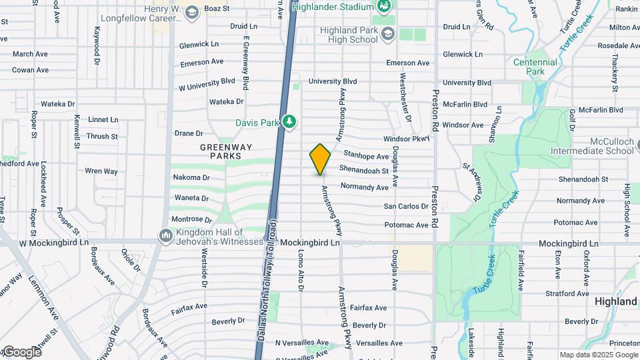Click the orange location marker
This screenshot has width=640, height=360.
click(x=321, y=159)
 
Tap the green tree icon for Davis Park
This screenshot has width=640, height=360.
click(x=289, y=122)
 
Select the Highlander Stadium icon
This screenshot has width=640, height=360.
click(x=384, y=7)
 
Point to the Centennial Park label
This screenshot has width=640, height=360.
click(x=535, y=66)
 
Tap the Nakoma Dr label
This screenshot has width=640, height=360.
click(x=191, y=178)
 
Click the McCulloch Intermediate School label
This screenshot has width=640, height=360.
click(x=612, y=146)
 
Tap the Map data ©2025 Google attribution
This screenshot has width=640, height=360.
click(x=598, y=355)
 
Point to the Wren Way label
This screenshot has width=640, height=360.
click(x=101, y=171)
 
